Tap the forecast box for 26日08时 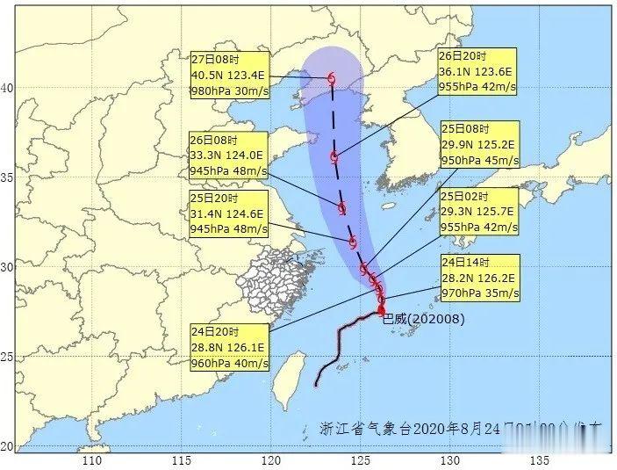pyautogui.click(x=227, y=156)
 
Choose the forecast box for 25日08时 pyautogui.click(x=480, y=145)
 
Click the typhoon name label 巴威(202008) pyautogui.click(x=424, y=319)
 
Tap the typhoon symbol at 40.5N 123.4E pyautogui.click(x=332, y=79)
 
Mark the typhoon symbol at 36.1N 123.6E pyautogui.click(x=334, y=157)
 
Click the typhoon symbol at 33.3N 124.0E pyautogui.click(x=341, y=208)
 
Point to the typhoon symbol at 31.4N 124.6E pyautogui.click(x=352, y=242)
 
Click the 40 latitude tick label pyautogui.click(x=7, y=88)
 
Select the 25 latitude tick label pyautogui.click(x=7, y=357)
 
